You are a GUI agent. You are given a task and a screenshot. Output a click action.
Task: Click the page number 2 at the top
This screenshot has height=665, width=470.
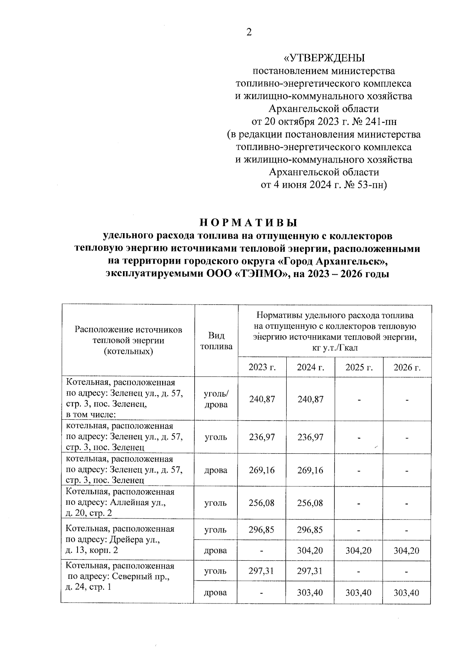coord(248,33)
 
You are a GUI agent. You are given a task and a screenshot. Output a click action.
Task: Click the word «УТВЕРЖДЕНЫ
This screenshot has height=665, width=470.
coord(324,58)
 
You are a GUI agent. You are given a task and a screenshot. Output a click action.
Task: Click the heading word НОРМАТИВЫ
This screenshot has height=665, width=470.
coord(249,223)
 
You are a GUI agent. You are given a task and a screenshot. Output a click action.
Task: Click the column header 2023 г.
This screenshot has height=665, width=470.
coord(262,368)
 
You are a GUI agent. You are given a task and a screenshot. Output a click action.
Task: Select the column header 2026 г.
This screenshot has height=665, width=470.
coord(407,368)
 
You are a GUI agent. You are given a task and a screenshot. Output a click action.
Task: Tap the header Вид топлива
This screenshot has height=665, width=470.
coord(216,341)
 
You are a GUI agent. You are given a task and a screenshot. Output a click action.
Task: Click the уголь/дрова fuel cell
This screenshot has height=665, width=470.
coord(216,399)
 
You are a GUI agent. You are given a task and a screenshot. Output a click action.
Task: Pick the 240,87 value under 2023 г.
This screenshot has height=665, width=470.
coord(262,399)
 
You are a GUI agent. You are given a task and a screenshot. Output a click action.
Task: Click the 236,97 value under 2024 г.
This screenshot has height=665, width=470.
coord(310,437)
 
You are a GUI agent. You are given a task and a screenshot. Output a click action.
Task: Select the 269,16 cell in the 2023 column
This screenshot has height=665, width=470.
coord(262,470)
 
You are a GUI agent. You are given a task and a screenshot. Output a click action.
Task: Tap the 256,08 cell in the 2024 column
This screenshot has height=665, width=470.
coord(310,503)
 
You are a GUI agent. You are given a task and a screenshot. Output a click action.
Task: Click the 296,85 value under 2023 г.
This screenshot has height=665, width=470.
coord(262,530)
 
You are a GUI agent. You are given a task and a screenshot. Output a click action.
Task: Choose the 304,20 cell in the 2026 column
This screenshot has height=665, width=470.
coord(407,551)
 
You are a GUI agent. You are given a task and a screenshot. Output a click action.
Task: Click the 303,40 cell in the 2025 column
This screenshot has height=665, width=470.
coord(358,593)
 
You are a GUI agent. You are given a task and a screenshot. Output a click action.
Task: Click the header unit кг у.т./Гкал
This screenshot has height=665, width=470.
coord(335,348)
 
